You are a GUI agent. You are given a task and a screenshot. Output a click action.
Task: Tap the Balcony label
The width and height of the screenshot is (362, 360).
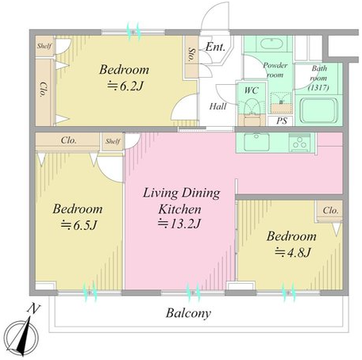(x=188, y=313)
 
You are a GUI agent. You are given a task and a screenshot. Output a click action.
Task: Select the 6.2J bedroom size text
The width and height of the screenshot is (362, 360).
(x=125, y=86)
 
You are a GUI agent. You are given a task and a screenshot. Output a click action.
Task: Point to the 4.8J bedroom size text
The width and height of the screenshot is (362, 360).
(x=292, y=252)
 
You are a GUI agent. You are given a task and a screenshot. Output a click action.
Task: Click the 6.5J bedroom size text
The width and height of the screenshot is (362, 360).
(x=79, y=225)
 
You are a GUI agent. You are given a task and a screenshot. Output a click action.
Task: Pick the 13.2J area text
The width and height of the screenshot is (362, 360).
(x=179, y=224)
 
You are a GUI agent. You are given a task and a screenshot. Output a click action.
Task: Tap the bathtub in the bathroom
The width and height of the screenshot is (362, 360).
(x=319, y=110)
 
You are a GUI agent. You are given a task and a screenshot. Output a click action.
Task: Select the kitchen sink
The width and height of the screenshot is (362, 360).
(x=256, y=142)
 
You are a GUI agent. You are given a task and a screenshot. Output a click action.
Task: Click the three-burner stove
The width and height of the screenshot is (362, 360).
(x=300, y=143)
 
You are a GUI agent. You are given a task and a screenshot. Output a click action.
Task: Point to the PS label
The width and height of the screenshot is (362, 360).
(x=282, y=121)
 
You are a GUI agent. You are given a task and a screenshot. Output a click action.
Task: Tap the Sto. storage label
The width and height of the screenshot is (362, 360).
(x=191, y=55)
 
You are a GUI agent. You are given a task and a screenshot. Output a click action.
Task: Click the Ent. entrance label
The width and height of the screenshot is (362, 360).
(x=215, y=48)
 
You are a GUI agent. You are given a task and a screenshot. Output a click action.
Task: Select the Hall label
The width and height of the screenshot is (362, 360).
(x=218, y=106)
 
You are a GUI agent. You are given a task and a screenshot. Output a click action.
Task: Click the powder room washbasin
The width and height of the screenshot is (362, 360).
(x=271, y=43)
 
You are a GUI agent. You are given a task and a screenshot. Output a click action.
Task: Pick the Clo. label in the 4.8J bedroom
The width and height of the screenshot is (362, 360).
(x=330, y=211)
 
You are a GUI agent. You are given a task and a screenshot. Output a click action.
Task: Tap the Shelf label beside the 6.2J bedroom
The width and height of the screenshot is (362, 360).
(x=44, y=46)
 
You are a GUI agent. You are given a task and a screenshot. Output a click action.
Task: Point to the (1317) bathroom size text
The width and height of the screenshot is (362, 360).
(x=318, y=87)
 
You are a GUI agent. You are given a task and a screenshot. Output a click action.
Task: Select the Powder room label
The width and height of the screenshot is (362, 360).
(x=275, y=70)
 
